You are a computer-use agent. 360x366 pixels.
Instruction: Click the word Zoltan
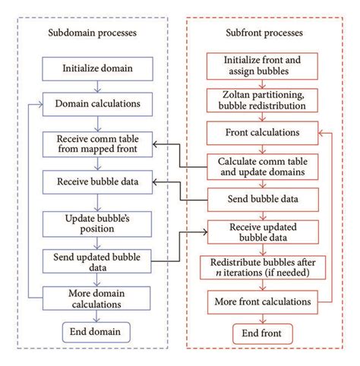pos(234,93)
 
